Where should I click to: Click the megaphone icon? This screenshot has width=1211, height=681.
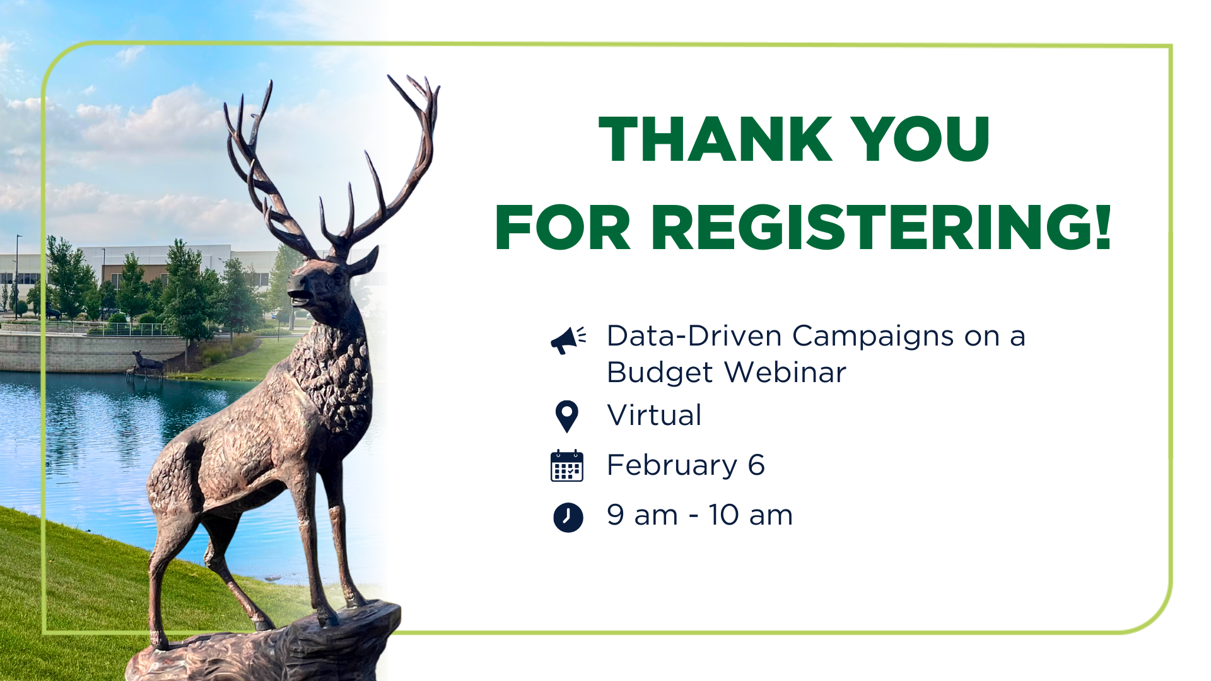568,340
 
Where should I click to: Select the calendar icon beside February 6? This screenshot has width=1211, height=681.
567,466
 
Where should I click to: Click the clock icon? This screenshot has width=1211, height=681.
568,518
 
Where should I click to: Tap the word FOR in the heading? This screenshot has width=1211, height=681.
563,227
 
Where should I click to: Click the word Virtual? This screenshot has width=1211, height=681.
654,416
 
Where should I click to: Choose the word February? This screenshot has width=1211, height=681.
672,466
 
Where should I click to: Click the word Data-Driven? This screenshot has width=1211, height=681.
694,335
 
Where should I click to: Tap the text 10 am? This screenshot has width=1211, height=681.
751,515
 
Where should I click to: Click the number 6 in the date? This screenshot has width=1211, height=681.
756,465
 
